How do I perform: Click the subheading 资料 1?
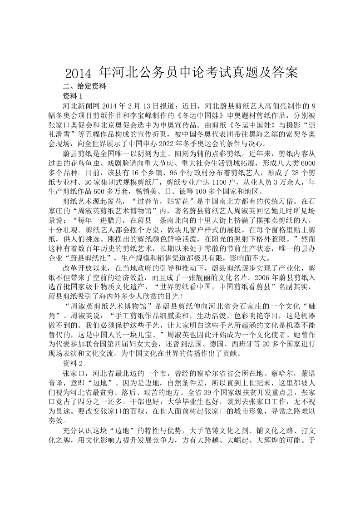click(x=73, y=96)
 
